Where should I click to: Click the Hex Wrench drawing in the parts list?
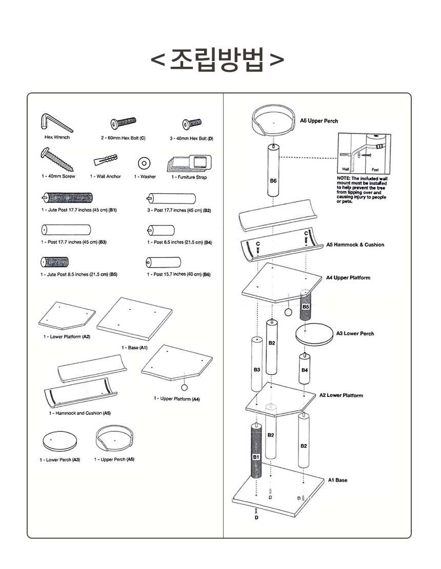click(x=55, y=123)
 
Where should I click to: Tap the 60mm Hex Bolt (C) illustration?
click(x=123, y=124)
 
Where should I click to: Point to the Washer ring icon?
click(x=145, y=163)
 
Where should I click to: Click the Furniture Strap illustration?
click(x=188, y=163)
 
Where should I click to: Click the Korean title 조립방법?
click(x=217, y=61)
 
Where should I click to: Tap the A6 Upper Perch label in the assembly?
click(x=319, y=121)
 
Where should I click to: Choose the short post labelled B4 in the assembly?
click(x=305, y=368)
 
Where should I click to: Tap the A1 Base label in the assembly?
click(x=337, y=480)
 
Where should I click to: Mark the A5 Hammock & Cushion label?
click(x=355, y=245)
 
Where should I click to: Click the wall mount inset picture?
click(x=364, y=153)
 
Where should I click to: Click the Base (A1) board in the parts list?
click(x=134, y=318)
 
